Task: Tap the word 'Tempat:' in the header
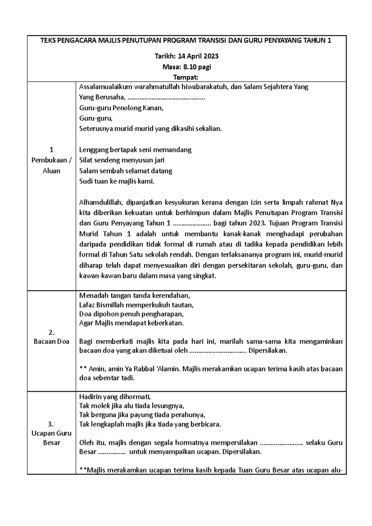pyautogui.click(x=186, y=77)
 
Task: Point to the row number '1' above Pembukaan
pyautogui.click(x=51, y=150)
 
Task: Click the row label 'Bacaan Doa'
pyautogui.click(x=51, y=342)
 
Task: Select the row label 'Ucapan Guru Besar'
pyautogui.click(x=51, y=433)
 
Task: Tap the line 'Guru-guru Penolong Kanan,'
pyautogui.click(x=121, y=108)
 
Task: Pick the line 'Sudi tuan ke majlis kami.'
pyautogui.click(x=117, y=182)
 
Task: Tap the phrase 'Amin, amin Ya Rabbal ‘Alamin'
pyautogui.click(x=134, y=369)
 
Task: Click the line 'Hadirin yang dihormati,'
pyautogui.click(x=115, y=397)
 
